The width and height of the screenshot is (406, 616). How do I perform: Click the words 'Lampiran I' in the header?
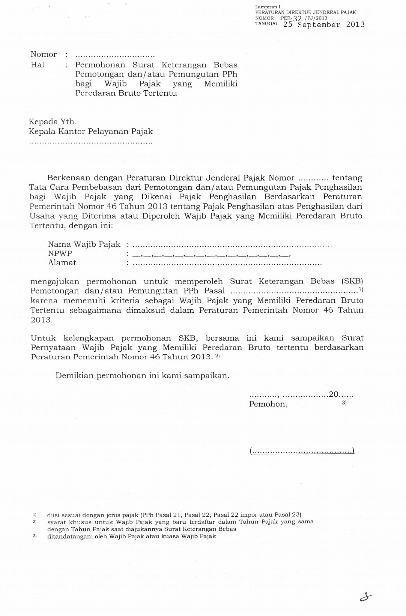[x=267, y=7]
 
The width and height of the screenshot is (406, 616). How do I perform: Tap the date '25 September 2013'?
[x=324, y=25]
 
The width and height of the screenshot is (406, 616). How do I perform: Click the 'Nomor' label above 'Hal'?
[x=43, y=55]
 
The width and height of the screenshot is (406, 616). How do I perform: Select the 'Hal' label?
[x=37, y=65]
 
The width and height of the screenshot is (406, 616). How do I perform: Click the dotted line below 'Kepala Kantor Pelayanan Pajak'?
[x=91, y=143]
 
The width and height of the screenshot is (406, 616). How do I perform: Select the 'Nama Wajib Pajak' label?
[x=84, y=244]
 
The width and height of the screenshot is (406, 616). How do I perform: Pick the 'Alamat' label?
[x=62, y=263]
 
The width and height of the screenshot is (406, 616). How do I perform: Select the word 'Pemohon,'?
[x=268, y=404]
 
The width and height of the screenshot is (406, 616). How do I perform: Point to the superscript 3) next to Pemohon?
[x=344, y=403]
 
